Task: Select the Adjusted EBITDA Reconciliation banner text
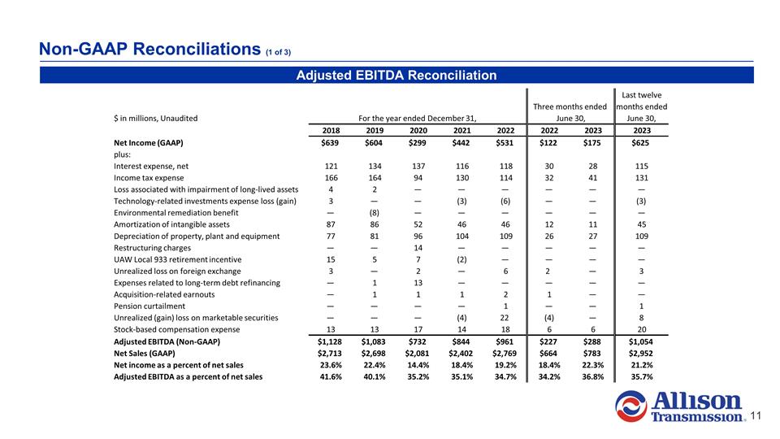tap(396, 76)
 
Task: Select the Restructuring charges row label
tap(153, 247)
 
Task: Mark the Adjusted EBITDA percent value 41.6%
tap(329, 376)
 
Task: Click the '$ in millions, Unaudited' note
tap(156, 118)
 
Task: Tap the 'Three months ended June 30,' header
tap(570, 112)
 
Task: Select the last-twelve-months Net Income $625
tap(642, 142)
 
